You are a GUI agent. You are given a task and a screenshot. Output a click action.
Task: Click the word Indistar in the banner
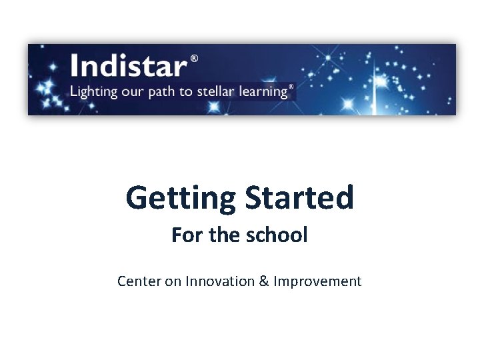pyautogui.click(x=129, y=66)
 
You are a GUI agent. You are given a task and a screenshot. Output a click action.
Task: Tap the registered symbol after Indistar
pyautogui.click(x=194, y=59)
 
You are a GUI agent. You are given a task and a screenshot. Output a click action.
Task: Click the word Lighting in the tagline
pyautogui.click(x=92, y=91)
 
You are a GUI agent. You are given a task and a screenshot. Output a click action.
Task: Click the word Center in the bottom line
pyautogui.click(x=139, y=281)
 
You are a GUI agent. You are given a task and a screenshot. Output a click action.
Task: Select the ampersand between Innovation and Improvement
pyautogui.click(x=263, y=281)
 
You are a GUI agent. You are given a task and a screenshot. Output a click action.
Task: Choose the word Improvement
pyautogui.click(x=317, y=281)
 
